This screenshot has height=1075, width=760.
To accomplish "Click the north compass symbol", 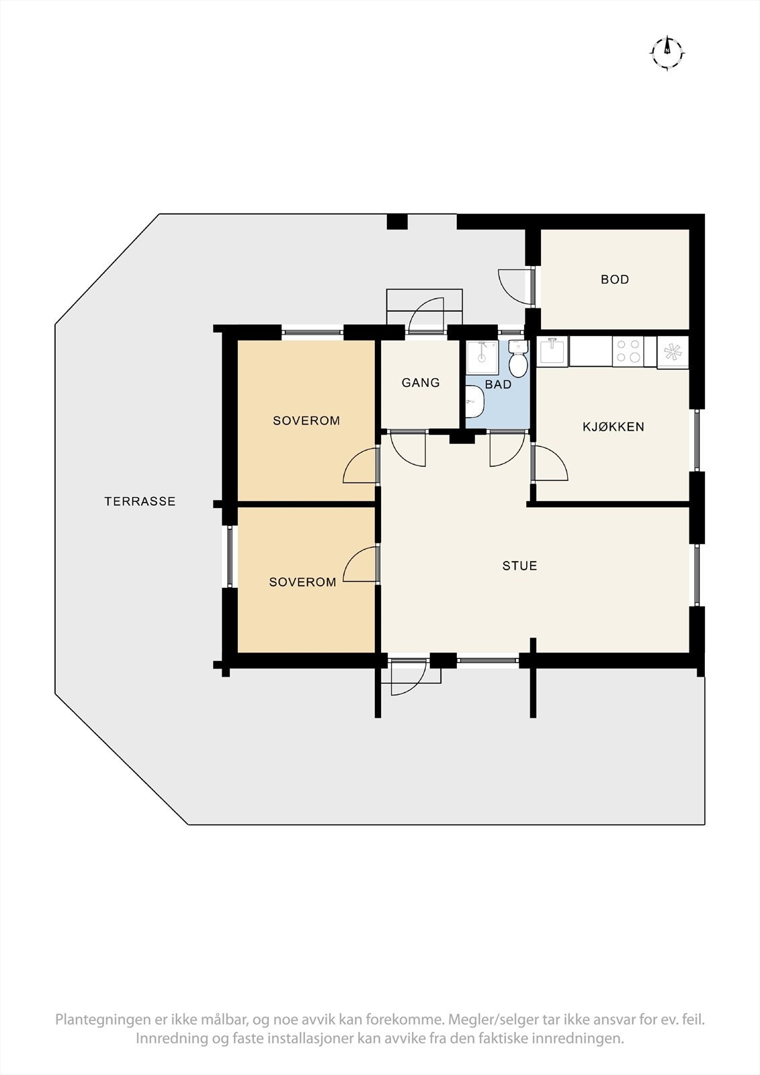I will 667,50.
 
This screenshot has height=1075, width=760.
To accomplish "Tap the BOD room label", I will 615,279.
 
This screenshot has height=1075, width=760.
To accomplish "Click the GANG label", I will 421,382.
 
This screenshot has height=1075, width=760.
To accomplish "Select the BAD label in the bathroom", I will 498,384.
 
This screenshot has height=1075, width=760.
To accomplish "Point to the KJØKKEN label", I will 613,427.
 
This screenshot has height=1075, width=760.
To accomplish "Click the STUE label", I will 519,566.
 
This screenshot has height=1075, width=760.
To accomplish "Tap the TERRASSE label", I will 140,501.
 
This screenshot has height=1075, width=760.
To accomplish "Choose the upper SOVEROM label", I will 306,421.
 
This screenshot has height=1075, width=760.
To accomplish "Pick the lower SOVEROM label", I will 302,582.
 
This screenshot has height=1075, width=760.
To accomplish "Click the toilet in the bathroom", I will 517,361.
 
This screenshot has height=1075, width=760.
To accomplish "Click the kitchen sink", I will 554,351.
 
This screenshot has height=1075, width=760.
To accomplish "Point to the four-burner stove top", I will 628,351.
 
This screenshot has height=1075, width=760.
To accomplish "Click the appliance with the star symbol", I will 673,351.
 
